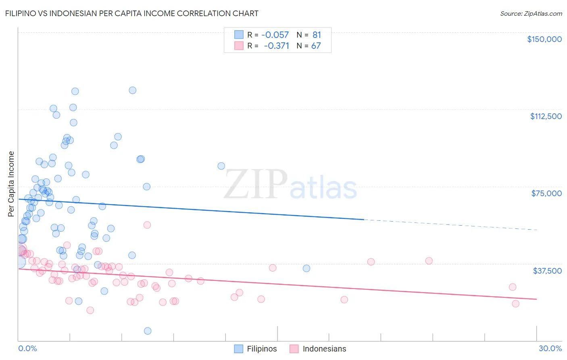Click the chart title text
pos(131,13)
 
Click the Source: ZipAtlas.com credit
pos(531,13)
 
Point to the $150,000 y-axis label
pos(544,39)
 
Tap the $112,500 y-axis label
pos(546,116)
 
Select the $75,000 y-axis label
pos(546,193)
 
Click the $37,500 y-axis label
pos(547,271)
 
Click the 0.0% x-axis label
pos(27,348)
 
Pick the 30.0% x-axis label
pos(550,348)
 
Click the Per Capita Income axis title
pos(11,184)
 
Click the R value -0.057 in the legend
pos(275,35)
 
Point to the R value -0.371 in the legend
pos(276,46)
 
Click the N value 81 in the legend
pos(317,35)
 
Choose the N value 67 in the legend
pos(316,46)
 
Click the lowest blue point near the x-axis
pos(148,331)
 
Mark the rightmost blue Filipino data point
pos(306,268)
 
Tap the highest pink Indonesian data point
pos(147,225)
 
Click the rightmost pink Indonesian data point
pos(515,303)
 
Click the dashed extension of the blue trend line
pos(452,225)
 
